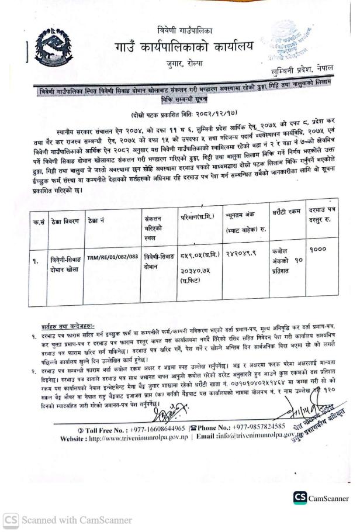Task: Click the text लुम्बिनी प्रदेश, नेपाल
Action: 299,68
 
